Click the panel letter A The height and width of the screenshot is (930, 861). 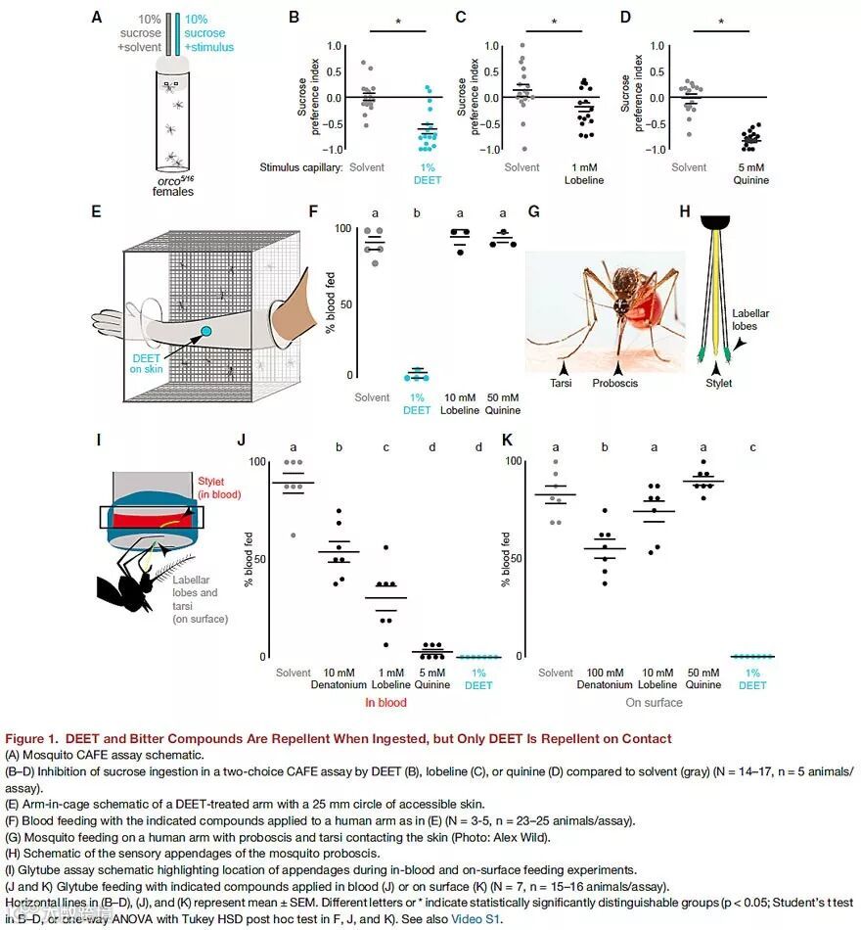[96, 17]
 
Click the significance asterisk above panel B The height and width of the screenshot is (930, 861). [398, 22]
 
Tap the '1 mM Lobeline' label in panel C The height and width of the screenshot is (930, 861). [583, 173]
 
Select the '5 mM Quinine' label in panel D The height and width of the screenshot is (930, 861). [750, 173]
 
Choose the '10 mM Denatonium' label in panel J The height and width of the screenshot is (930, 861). [339, 678]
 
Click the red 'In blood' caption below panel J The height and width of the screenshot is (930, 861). [385, 703]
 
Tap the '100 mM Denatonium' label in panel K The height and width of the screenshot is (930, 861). [605, 678]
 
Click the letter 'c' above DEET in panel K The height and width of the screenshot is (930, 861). [751, 446]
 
